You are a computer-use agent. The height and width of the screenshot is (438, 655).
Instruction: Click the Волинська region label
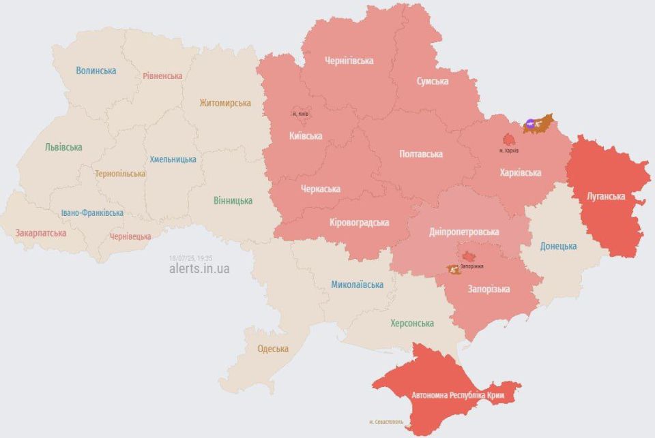point(96,70)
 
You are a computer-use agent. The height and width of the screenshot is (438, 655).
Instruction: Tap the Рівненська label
point(162,76)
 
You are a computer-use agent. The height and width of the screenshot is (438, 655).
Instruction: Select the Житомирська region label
point(225,103)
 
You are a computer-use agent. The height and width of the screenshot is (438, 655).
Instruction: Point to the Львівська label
point(63,147)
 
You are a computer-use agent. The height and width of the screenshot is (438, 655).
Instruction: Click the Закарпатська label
point(41,233)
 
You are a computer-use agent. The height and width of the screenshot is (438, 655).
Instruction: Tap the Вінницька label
point(233,200)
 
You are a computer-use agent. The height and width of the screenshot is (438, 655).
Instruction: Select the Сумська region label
point(433,81)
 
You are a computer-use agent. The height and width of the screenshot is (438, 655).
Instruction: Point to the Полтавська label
point(420,154)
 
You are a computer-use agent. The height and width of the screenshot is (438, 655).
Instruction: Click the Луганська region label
point(606,196)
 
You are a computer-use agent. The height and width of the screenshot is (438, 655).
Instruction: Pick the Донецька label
point(558,246)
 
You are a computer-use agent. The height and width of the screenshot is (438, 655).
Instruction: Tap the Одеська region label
point(273,349)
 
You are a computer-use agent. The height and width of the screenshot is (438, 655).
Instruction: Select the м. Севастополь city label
point(385,422)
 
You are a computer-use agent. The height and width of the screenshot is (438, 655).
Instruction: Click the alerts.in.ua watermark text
point(199,268)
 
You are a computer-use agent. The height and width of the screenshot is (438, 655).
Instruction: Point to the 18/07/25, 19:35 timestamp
point(191,258)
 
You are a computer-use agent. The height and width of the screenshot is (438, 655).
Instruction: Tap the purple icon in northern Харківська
point(530,125)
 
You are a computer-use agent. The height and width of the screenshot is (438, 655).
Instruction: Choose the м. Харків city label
point(509,150)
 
